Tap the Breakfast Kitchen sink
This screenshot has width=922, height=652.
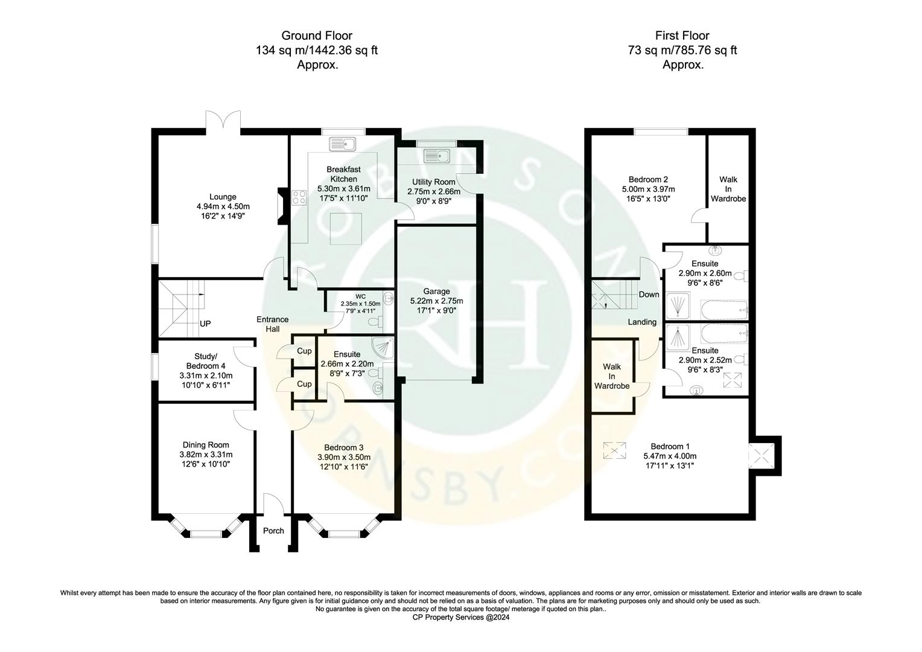(343, 144)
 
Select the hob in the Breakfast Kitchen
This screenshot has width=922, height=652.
(299, 197)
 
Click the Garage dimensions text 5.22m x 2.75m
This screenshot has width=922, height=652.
(436, 301)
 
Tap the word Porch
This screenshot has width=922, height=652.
(273, 531)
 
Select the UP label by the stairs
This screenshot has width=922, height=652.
(205, 324)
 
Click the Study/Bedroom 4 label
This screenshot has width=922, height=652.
(206, 361)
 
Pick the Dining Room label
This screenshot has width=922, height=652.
(206, 445)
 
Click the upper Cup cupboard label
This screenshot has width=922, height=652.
(304, 351)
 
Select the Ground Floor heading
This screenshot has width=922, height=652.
(317, 36)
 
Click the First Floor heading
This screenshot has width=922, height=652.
(682, 36)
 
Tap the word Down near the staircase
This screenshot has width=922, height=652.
(649, 295)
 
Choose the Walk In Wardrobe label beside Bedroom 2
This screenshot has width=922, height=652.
(728, 188)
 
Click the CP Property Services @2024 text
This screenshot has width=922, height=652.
(460, 617)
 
